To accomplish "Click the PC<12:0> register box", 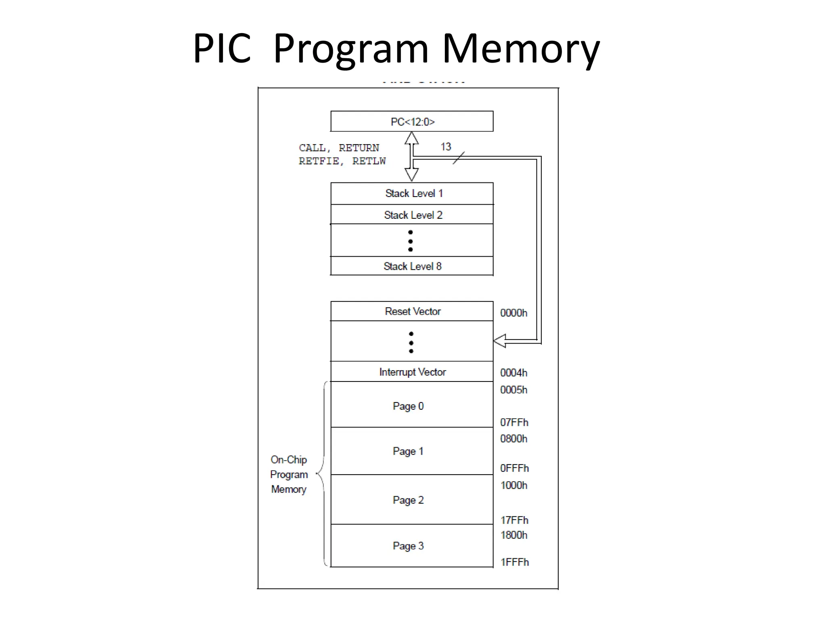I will [412, 121].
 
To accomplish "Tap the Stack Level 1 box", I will [412, 193].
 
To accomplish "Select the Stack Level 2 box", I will [412, 215].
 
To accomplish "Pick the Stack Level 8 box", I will [412, 266].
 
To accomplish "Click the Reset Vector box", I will [412, 311].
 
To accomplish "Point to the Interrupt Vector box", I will [412, 372].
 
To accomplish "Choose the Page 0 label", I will [408, 406].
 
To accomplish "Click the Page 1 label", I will [408, 451].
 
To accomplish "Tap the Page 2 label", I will [408, 500].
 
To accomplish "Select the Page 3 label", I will [408, 546].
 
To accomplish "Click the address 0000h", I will [513, 313].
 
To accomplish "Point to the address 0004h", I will [513, 373].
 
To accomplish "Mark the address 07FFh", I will [514, 422].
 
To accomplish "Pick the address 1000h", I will [513, 485].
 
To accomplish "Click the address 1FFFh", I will [514, 562].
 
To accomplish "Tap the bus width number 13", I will [446, 147].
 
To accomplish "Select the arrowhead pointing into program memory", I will [500, 341].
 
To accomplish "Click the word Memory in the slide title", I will [521, 49].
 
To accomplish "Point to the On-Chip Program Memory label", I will [289, 474].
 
